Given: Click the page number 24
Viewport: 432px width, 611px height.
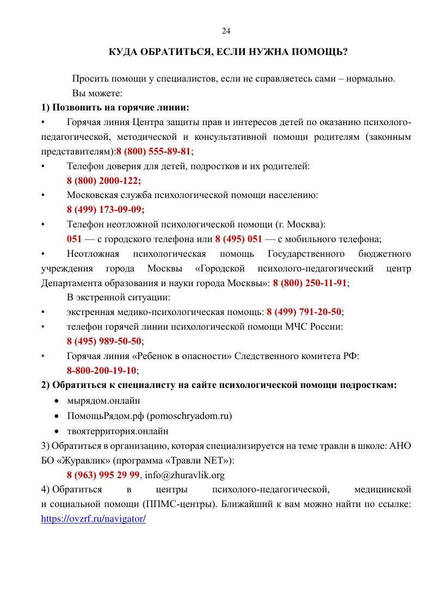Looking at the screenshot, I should click(226, 30).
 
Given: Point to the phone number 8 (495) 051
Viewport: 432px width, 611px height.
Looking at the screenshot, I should click(239, 238).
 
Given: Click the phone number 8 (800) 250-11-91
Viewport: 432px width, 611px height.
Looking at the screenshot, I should click(310, 283).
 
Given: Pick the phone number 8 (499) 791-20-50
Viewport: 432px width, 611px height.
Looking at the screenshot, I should click(304, 312).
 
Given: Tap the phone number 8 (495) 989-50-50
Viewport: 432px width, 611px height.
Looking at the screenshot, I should click(104, 341).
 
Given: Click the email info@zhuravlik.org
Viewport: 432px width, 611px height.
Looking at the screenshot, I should click(185, 475).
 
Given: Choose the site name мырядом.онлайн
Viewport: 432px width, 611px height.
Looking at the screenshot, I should click(104, 401).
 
